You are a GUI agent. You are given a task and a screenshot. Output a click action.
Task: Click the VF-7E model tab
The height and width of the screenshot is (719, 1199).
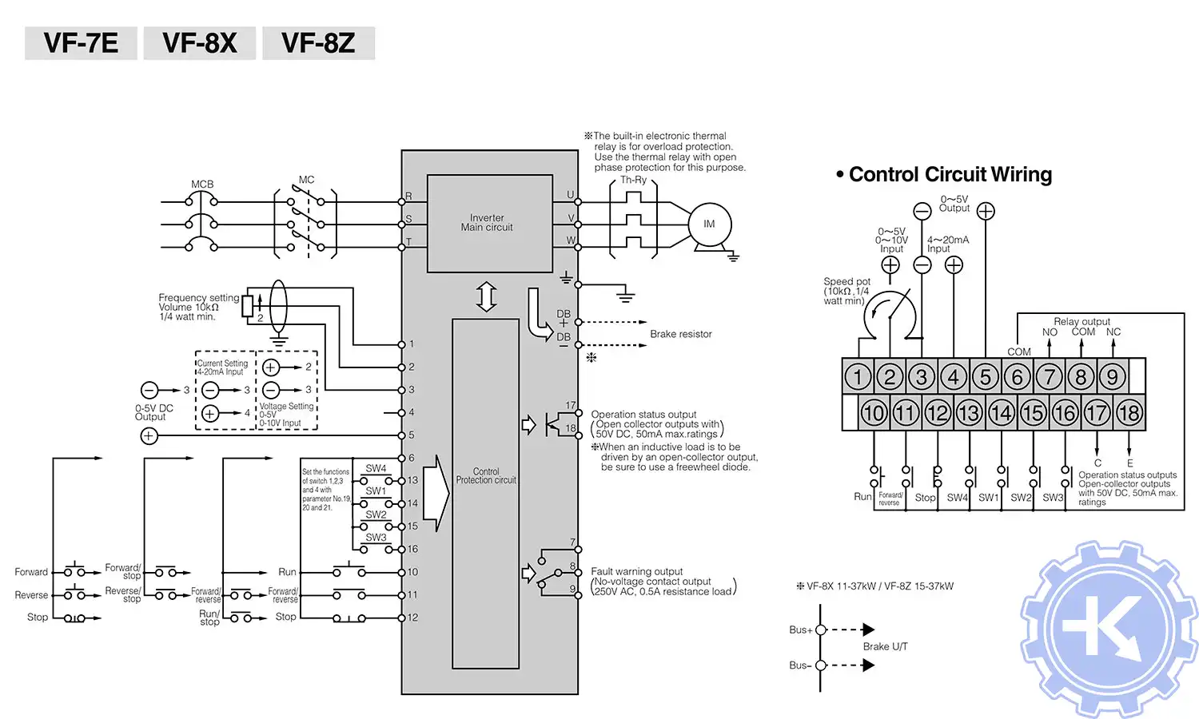pyautogui.click(x=81, y=43)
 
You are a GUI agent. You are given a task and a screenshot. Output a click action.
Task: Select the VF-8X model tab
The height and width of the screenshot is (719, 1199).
pyautogui.click(x=200, y=43)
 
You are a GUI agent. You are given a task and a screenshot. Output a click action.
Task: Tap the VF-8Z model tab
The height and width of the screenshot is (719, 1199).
pyautogui.click(x=318, y=43)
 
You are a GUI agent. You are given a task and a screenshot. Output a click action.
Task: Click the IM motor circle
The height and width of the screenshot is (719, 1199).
pyautogui.click(x=709, y=224)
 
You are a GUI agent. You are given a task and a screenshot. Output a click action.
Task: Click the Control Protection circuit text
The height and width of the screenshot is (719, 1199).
pyautogui.click(x=486, y=476)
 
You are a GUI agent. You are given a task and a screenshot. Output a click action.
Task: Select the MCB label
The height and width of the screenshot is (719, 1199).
pyautogui.click(x=202, y=185)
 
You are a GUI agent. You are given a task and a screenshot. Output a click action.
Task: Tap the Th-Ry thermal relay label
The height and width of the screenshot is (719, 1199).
pyautogui.click(x=633, y=181)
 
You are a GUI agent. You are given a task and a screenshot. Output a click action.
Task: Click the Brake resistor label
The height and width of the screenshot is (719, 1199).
pyautogui.click(x=680, y=334)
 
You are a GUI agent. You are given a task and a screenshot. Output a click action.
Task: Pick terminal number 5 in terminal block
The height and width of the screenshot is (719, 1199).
pyautogui.click(x=985, y=376)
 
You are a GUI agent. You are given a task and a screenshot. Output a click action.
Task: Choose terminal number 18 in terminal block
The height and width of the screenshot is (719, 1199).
pyautogui.click(x=1128, y=413)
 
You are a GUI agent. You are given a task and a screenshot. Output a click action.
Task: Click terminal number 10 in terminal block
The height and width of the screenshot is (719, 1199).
pyautogui.click(x=873, y=413)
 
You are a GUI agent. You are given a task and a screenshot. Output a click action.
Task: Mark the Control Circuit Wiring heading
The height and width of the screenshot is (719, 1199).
pyautogui.click(x=950, y=175)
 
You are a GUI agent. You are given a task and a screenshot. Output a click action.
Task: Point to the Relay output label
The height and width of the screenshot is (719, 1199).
pyautogui.click(x=1081, y=321)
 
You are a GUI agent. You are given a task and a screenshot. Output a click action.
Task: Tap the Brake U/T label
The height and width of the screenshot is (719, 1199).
pyautogui.click(x=885, y=646)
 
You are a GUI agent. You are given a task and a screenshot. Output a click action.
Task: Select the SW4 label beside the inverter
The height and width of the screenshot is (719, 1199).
pyautogui.click(x=376, y=469)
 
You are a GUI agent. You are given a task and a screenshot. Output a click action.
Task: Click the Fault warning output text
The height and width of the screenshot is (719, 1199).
pyautogui.click(x=636, y=571)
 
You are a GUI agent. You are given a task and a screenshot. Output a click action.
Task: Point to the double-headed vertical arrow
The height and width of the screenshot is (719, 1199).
pyautogui.click(x=486, y=296)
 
